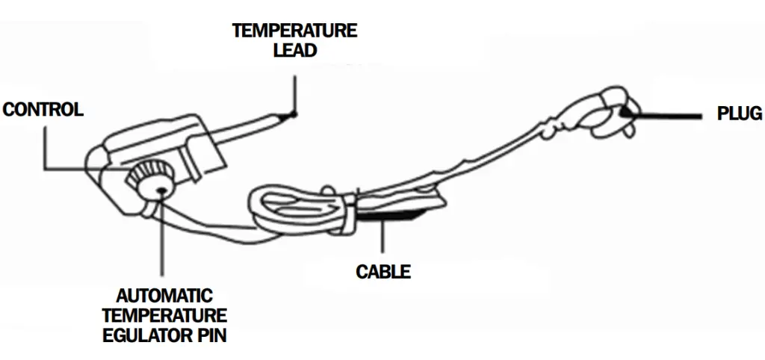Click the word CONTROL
click(x=43, y=111)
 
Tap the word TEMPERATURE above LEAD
click(x=294, y=31)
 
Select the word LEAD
click(x=294, y=51)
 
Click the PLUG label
click(x=740, y=114)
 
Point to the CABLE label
click(x=383, y=271)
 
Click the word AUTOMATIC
click(x=164, y=296)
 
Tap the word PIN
click(x=210, y=335)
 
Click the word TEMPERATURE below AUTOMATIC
click(x=165, y=315)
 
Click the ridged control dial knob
click(x=145, y=174)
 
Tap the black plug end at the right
click(x=626, y=111)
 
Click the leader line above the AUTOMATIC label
click(x=162, y=239)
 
